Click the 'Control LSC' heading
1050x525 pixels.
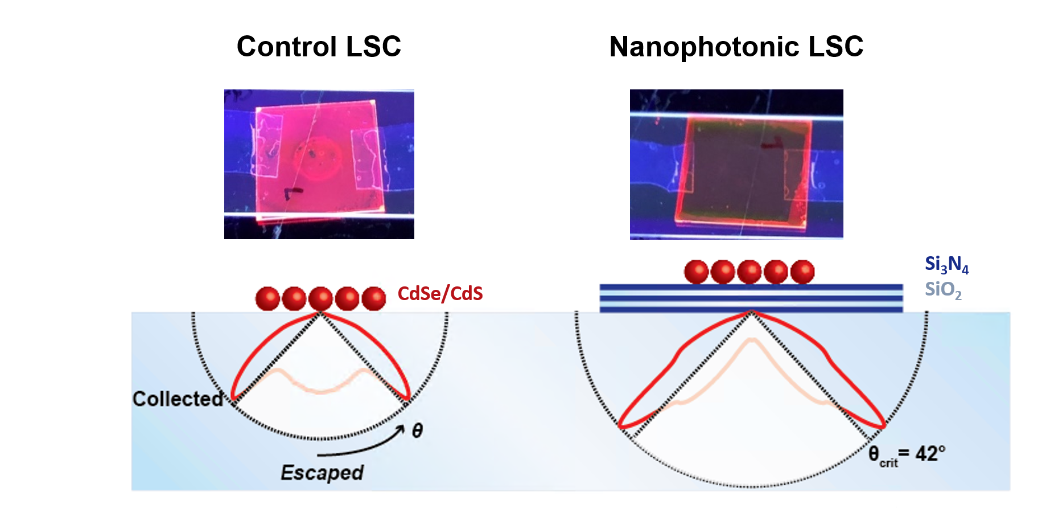pyautogui.click(x=319, y=47)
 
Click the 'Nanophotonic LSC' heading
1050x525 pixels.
pyautogui.click(x=736, y=47)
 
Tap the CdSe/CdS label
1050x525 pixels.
pyautogui.click(x=440, y=294)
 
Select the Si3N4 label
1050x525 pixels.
pyautogui.click(x=946, y=264)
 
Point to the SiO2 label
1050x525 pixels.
pyautogui.click(x=943, y=290)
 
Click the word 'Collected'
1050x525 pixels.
pyautogui.click(x=178, y=399)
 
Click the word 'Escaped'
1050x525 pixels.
pyautogui.click(x=322, y=473)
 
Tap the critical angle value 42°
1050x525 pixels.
pyautogui.click(x=930, y=454)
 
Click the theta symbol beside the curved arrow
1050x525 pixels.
pyautogui.click(x=417, y=431)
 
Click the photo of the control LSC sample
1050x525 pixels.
pyautogui.click(x=319, y=164)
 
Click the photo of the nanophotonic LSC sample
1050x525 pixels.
pyautogui.click(x=736, y=164)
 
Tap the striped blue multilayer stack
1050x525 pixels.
pyautogui.click(x=751, y=298)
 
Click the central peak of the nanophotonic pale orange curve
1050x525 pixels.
pyautogui.click(x=752, y=340)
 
